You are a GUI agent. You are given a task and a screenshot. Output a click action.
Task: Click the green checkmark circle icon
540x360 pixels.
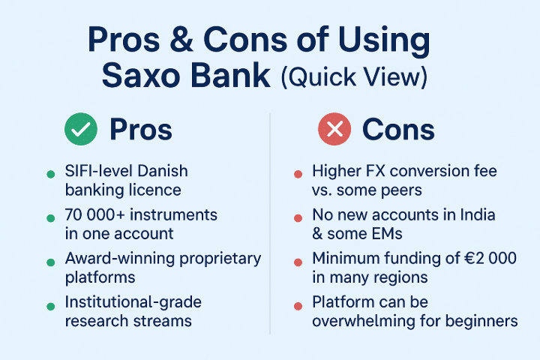[81, 129]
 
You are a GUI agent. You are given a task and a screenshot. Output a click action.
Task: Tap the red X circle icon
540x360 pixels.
[334, 129]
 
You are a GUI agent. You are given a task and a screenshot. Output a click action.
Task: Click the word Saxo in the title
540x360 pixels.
[140, 76]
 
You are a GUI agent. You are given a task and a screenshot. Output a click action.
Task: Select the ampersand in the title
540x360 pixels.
[181, 38]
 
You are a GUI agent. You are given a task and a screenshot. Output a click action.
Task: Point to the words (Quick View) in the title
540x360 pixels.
[354, 76]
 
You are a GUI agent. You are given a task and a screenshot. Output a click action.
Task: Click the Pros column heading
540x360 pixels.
[141, 130]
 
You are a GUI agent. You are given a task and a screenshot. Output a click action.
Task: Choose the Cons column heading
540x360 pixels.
[398, 130]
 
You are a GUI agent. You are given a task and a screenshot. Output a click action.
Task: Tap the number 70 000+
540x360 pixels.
[94, 214]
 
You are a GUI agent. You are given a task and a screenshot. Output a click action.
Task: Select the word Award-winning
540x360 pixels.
[120, 258]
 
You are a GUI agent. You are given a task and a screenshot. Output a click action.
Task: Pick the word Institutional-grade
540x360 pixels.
[133, 302]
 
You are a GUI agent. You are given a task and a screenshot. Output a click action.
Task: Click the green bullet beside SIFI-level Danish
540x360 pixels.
[51, 174]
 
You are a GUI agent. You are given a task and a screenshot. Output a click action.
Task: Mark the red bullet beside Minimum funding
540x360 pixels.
[298, 262]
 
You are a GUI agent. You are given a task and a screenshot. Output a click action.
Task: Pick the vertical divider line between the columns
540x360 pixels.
[270, 223]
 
